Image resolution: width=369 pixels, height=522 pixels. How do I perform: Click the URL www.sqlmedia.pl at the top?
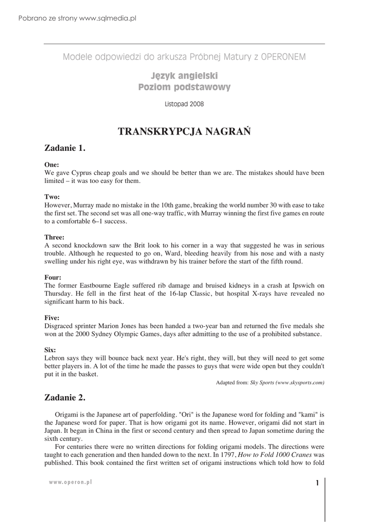[108, 18]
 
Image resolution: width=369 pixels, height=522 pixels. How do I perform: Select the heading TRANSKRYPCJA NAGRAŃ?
[184, 132]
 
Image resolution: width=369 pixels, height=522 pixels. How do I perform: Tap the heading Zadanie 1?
[65, 148]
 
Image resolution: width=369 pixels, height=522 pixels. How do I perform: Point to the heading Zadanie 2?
[65, 397]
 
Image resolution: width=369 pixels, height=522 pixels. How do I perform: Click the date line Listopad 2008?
[184, 104]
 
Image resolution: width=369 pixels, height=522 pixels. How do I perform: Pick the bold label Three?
[55, 237]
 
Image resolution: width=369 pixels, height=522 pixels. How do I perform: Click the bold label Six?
[50, 350]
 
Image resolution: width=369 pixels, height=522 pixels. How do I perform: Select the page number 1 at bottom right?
[317, 483]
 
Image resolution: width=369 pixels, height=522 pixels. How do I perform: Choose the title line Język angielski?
[184, 76]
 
